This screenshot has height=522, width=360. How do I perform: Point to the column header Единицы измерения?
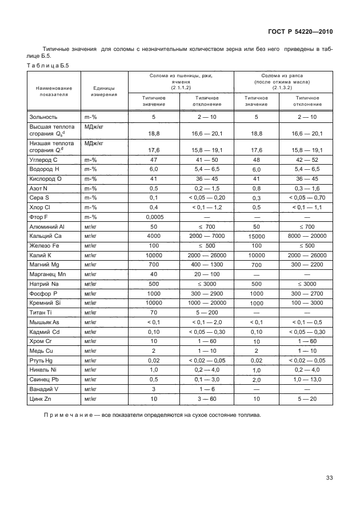pos(104,91)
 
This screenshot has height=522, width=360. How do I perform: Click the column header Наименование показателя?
pos(54,91)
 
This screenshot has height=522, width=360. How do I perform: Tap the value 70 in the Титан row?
pos(154,313)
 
